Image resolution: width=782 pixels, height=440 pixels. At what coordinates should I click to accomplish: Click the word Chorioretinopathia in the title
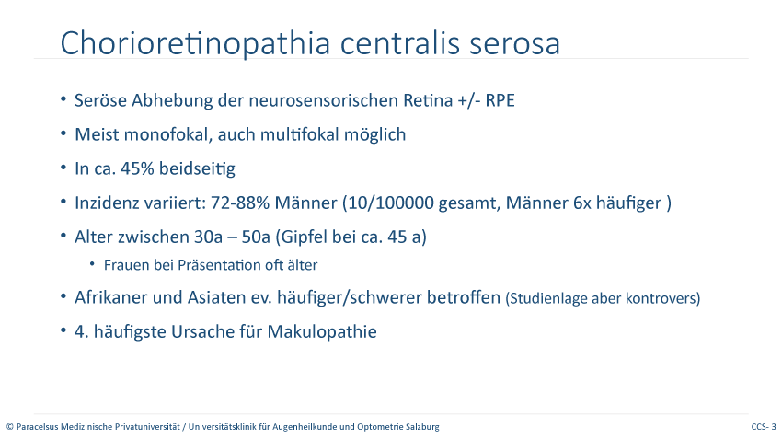(x=195, y=43)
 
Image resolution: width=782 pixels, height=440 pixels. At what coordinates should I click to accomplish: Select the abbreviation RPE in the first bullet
(x=500, y=100)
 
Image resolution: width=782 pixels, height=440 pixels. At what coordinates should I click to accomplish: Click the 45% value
(x=137, y=168)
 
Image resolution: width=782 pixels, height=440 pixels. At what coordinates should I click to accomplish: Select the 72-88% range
(x=240, y=203)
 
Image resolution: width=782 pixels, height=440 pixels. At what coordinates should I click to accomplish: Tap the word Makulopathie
(x=322, y=331)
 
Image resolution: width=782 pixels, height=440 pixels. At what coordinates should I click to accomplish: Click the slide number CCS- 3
(x=764, y=427)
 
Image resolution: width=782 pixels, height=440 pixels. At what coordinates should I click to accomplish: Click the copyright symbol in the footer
(x=10, y=427)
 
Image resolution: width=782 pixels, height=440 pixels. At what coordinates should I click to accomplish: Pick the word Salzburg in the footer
(x=424, y=427)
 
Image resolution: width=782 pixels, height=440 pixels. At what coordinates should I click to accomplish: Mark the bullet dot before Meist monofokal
(x=63, y=133)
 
